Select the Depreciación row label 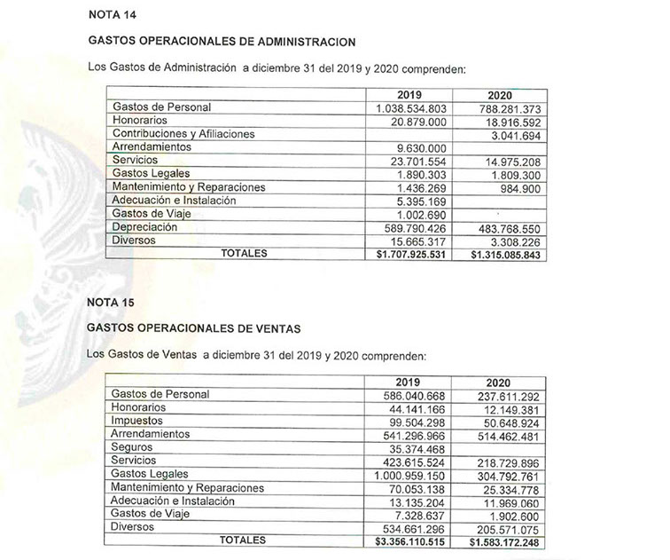pos(145,228)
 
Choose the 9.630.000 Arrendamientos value pos(425,147)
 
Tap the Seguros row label pos(135,447)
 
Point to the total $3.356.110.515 pos(411,540)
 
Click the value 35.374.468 pos(420,447)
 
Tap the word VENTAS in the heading pos(276,328)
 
